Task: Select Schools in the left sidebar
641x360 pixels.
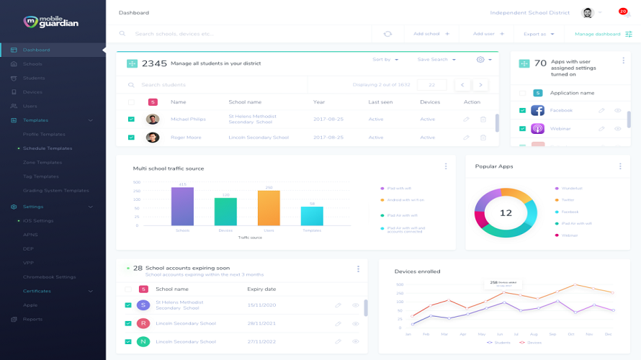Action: pyautogui.click(x=32, y=64)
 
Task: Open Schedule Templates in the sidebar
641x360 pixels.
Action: pyautogui.click(x=48, y=148)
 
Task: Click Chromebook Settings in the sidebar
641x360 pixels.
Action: pyautogui.click(x=49, y=276)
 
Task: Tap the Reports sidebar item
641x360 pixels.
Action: pyautogui.click(x=32, y=319)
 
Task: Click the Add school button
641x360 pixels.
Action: pyautogui.click(x=431, y=34)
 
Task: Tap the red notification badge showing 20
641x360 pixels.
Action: pyautogui.click(x=623, y=11)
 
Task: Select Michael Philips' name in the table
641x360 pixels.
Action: pyautogui.click(x=188, y=119)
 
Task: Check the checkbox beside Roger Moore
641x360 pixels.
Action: pyautogui.click(x=131, y=137)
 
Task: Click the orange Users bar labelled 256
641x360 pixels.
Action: pyautogui.click(x=269, y=208)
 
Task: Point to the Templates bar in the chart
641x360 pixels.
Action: pyautogui.click(x=312, y=216)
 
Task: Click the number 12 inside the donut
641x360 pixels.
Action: pyautogui.click(x=506, y=213)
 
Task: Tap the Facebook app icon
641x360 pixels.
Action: pyautogui.click(x=537, y=110)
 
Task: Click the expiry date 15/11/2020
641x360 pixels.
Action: pyautogui.click(x=261, y=305)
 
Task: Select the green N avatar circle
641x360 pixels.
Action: pyautogui.click(x=143, y=341)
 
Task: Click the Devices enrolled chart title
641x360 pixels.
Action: pyautogui.click(x=417, y=271)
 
